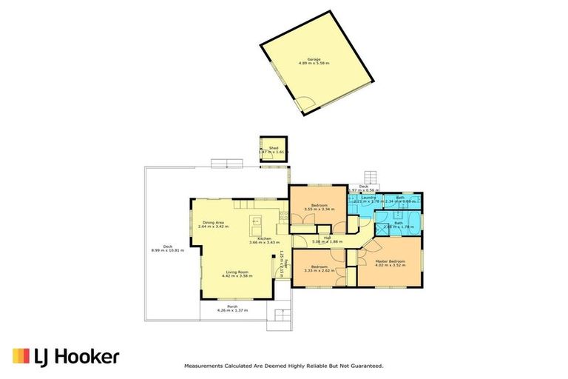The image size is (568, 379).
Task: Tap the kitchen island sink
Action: click(257, 221)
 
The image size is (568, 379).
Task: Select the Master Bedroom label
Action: click(391, 261)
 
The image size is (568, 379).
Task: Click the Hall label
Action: click(326, 237)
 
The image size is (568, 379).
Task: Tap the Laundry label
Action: click(368, 198)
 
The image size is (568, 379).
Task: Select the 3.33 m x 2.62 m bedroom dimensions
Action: click(319, 270)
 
